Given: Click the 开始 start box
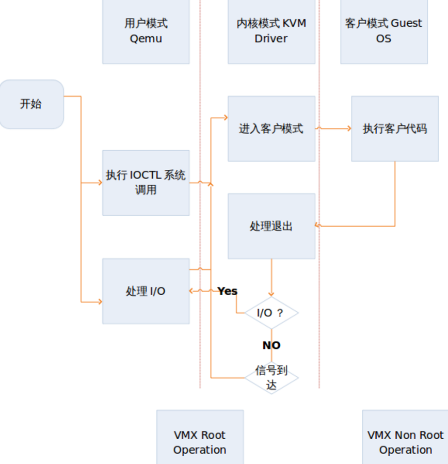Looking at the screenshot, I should click(x=31, y=104).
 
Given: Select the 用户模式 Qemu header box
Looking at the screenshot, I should click(x=146, y=31).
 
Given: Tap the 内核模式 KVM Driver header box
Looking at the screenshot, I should click(x=271, y=31).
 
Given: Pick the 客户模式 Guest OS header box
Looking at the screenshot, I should click(x=383, y=31).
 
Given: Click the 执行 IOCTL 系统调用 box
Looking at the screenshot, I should click(x=146, y=183).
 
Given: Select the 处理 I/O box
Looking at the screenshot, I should click(x=146, y=291).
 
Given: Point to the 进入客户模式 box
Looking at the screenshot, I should click(x=271, y=129).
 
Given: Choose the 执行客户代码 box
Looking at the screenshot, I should click(x=395, y=129).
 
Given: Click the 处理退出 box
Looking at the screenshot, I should click(x=271, y=226).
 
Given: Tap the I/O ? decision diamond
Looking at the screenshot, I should click(x=271, y=313).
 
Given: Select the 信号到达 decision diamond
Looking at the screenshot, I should click(x=271, y=378).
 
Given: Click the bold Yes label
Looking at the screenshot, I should click(x=227, y=291).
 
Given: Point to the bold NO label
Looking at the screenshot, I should click(x=271, y=345).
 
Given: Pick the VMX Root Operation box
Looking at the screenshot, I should click(x=200, y=442).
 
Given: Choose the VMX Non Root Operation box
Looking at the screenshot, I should click(x=405, y=442).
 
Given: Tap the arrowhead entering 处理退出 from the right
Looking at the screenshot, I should click(x=318, y=226).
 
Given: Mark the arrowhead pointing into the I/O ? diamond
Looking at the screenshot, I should click(x=271, y=294).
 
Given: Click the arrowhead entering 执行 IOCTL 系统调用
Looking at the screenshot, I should click(x=99, y=183).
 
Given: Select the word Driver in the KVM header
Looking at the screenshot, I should click(x=271, y=39).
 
